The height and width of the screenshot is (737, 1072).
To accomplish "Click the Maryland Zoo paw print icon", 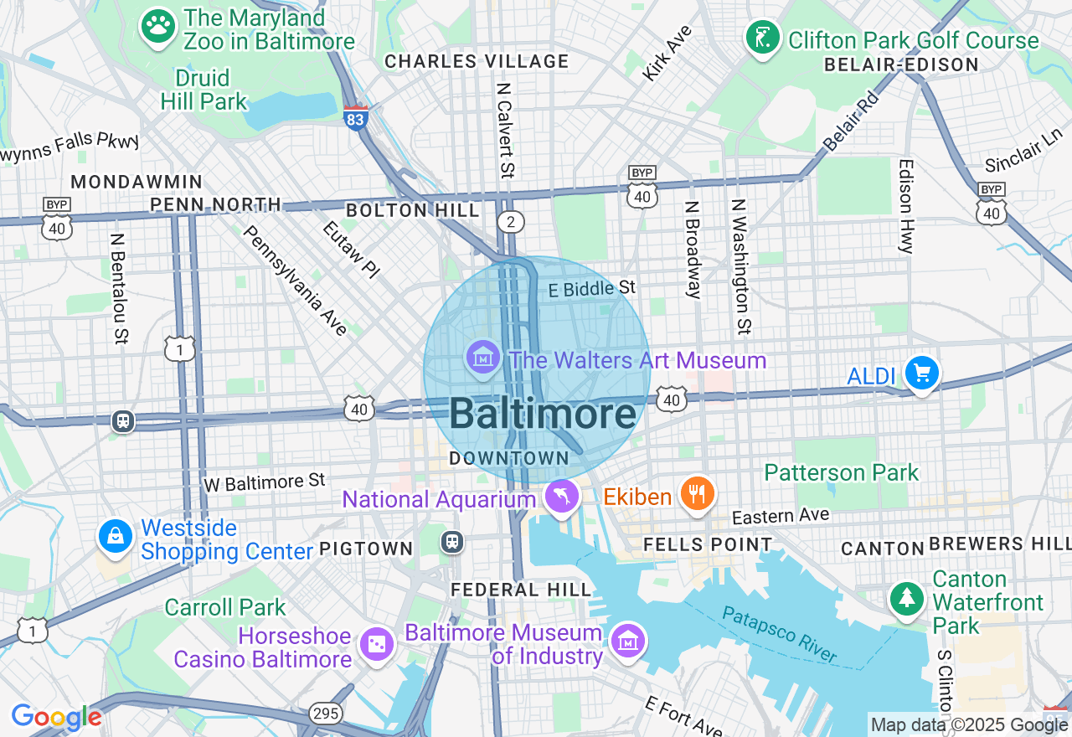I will tap(157, 27).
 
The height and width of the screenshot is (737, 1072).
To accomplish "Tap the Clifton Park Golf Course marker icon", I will tap(763, 38).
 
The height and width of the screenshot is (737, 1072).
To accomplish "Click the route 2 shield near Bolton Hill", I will tap(510, 221).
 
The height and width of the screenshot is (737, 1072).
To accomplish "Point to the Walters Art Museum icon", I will tap(483, 358).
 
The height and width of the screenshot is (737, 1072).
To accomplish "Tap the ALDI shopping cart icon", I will tap(922, 374).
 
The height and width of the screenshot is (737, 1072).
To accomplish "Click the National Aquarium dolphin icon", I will tap(562, 497).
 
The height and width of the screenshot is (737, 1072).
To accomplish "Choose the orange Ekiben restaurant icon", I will tap(696, 494).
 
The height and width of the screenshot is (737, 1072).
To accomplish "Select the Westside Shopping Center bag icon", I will tap(115, 537).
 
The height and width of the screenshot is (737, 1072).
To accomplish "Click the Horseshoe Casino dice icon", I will tap(376, 645).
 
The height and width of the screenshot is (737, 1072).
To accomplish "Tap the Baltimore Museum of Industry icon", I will tap(627, 641).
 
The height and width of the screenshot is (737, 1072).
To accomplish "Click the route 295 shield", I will tap(324, 714).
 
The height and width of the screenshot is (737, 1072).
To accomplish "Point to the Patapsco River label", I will tap(779, 634).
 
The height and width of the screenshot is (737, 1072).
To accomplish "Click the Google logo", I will tap(55, 717).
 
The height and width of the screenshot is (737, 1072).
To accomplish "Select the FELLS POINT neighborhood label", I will tap(707, 544).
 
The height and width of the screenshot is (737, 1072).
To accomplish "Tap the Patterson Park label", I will tap(842, 472).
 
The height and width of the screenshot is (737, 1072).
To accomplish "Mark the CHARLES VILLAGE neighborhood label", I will tap(477, 61).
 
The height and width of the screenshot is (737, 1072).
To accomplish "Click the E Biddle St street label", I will tap(592, 289).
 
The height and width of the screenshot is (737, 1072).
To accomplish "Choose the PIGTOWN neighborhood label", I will tap(366, 549).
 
